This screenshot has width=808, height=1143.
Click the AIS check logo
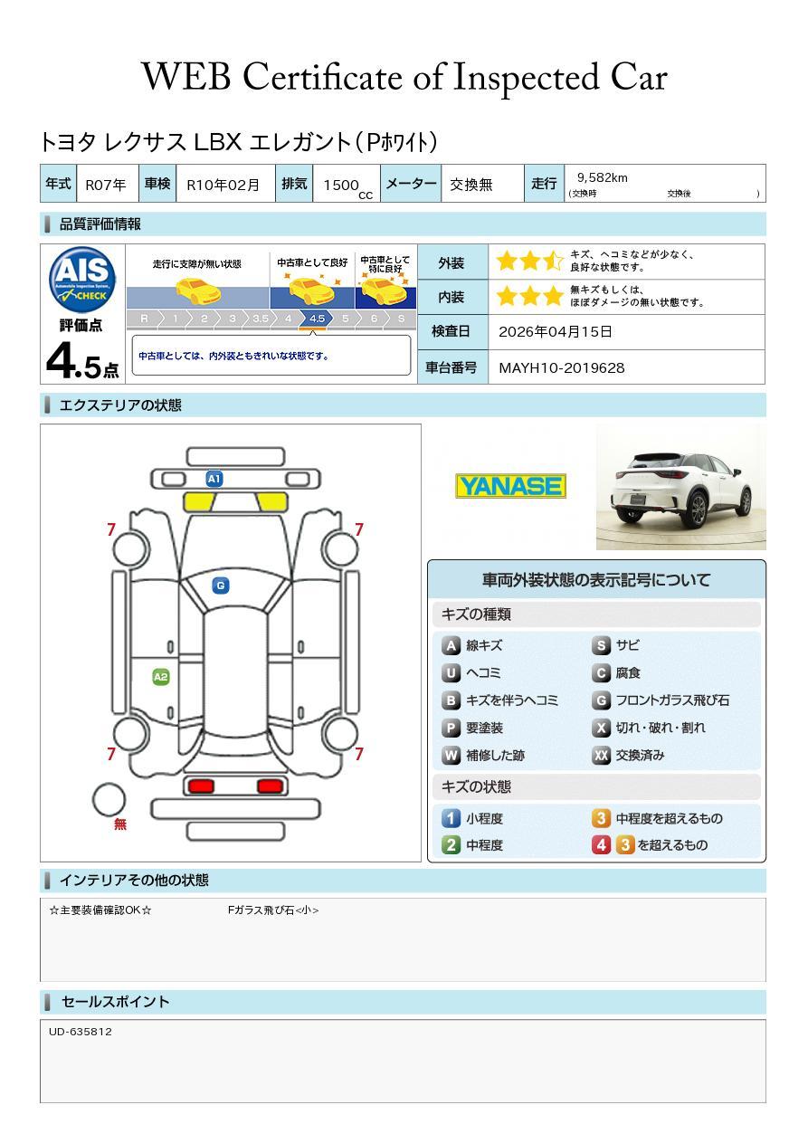coord(82,279)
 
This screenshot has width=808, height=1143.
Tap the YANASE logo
coord(510,486)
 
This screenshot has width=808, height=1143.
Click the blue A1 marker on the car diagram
coord(214,479)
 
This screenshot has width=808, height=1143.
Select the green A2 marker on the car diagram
coord(161,677)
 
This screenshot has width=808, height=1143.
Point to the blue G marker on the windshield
coord(220,586)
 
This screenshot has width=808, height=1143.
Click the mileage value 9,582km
coord(602,177)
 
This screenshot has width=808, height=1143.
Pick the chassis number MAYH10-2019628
coord(561,367)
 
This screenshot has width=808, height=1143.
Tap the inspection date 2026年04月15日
coord(555,331)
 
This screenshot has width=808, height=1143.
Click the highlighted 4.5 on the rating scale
coord(317,319)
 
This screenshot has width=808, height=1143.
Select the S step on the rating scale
coord(401,319)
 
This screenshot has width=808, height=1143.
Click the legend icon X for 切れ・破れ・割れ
coord(602,728)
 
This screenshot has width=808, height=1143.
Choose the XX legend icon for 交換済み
coord(602,755)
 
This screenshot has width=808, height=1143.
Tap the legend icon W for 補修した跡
coord(452,755)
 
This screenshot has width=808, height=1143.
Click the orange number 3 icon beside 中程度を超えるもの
coord(602,818)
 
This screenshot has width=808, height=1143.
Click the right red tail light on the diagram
coord(270,786)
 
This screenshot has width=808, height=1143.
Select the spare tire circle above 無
coord(109,799)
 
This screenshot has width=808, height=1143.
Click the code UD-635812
coord(81,1031)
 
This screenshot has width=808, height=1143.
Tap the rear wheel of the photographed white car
coord(699,511)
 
